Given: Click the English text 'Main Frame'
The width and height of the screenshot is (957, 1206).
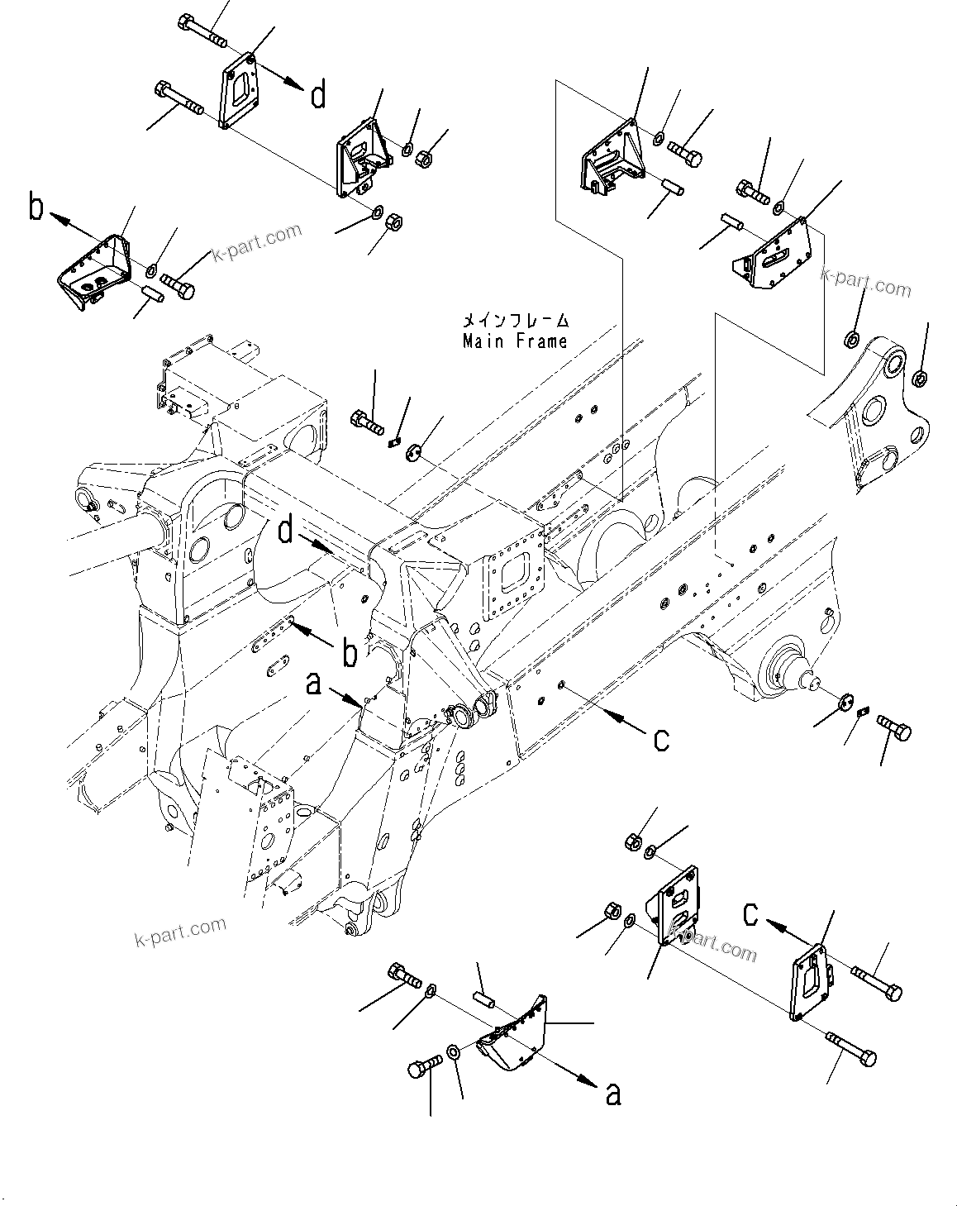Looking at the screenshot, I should coord(515,341).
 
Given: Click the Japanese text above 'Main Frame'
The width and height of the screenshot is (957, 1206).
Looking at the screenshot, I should coord(515,320).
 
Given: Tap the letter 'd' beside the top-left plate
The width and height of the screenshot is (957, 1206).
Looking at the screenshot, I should coord(318,97).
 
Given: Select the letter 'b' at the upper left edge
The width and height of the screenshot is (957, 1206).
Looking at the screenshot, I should coord(35,207).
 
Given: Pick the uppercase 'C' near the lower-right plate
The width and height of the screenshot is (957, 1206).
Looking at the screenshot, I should coord(749,913).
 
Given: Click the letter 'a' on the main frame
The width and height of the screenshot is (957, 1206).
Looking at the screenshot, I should coord(313,684).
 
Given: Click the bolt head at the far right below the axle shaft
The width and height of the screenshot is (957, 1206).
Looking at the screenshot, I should coord(893,729).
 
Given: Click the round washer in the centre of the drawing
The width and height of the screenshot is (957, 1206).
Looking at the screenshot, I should coord(415,450).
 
